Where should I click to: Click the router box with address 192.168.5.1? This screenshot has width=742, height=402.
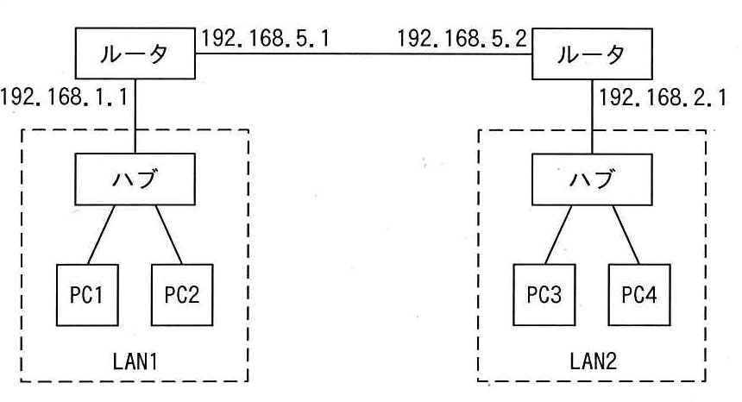pos(135,53)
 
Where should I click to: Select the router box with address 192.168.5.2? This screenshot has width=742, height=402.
pos(592,53)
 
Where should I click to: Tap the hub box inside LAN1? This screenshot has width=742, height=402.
pos(135,179)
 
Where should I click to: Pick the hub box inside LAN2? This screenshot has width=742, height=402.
pos(592,179)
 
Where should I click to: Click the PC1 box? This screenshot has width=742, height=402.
pos(87,295)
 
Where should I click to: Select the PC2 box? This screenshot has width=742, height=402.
pos(182,295)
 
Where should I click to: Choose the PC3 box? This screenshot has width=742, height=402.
pos(544,295)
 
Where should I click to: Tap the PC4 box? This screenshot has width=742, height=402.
pos(639,295)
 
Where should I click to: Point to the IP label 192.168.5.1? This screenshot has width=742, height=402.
pos(266,38)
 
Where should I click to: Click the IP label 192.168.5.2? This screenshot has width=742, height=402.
pos(462,38)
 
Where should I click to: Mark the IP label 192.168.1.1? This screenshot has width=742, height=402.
pos(64,97)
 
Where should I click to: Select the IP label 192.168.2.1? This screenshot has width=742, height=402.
pos(663,97)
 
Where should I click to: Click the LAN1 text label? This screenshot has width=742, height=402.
pos(135,361)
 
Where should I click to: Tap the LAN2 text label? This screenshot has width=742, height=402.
pos(593,361)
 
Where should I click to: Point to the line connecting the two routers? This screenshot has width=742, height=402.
pos(363,53)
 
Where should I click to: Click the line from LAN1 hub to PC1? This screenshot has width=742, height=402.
pos(101,235)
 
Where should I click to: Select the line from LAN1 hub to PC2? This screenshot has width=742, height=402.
pos(169,235)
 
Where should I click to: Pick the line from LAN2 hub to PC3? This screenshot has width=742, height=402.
pos(558,235)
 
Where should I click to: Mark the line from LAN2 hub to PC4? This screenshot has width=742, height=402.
pos(626,235)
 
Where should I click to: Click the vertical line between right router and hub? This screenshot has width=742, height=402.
pos(592,116)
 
